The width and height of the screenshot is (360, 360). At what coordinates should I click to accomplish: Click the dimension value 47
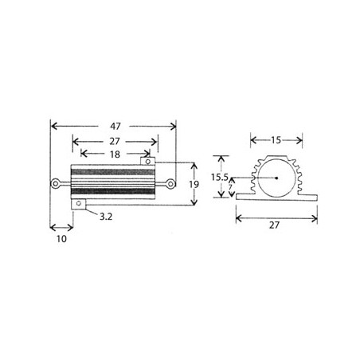pyautogui.click(x=115, y=126)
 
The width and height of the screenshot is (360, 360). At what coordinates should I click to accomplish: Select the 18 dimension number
pyautogui.click(x=115, y=155)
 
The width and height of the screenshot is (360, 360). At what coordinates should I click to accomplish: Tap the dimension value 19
pyautogui.click(x=194, y=184)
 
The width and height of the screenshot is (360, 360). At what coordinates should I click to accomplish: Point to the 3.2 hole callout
pyautogui.click(x=106, y=217)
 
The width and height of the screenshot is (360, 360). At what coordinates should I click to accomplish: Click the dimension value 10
pyautogui.click(x=61, y=239)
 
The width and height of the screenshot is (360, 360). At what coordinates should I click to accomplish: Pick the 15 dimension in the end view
pyautogui.click(x=276, y=140)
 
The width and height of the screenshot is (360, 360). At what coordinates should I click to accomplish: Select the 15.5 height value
pyautogui.click(x=220, y=177)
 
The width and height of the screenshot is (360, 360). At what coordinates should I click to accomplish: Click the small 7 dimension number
pyautogui.click(x=230, y=187)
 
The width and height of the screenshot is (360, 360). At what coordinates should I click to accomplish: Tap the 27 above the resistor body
pyautogui.click(x=115, y=141)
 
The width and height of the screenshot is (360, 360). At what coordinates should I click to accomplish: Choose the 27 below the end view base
pyautogui.click(x=275, y=225)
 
